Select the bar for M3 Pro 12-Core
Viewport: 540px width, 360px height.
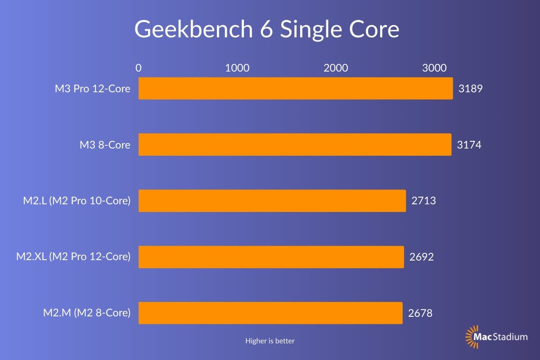click(296, 88)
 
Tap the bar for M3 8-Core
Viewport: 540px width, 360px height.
click(295, 144)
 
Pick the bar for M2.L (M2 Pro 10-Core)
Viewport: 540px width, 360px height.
click(272, 201)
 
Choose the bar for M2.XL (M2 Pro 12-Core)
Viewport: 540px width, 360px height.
click(271, 257)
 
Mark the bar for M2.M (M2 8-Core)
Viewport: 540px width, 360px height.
click(270, 313)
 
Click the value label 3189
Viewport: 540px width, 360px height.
click(470, 88)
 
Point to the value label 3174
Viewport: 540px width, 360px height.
click(469, 145)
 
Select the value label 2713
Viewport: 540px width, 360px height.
click(423, 201)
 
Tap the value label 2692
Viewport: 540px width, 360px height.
click(422, 257)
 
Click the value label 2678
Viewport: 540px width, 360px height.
click(420, 313)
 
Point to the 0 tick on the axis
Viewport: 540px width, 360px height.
click(139, 68)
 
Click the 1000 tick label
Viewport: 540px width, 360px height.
click(237, 68)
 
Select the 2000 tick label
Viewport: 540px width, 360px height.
click(336, 68)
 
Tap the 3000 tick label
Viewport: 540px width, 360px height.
click(434, 68)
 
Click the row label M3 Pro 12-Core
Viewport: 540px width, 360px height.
click(93, 89)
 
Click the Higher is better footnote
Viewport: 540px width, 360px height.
click(270, 341)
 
